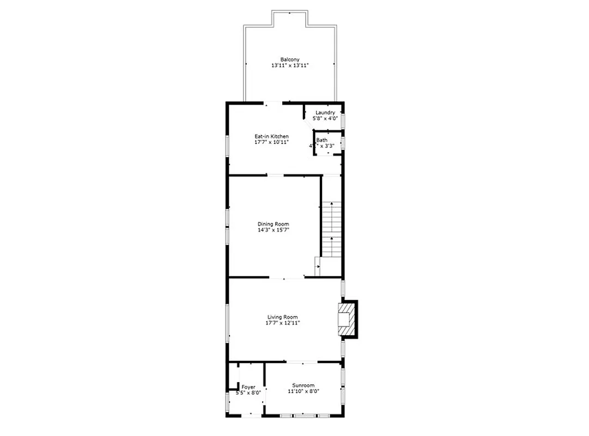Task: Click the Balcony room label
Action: point(289,59)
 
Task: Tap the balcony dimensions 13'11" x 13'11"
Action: point(290,65)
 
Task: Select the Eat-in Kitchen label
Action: point(271,136)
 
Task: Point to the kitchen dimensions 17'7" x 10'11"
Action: point(271,142)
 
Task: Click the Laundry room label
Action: point(325,113)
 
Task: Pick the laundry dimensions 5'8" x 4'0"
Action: point(325,118)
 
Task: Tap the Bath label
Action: point(321,140)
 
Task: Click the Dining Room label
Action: point(273,224)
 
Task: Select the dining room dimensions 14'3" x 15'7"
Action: point(273,230)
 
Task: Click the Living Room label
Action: point(282,317)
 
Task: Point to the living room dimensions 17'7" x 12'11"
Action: point(282,323)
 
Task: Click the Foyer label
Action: point(248,387)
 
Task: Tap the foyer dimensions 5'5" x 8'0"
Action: point(248,393)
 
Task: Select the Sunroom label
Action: point(303,385)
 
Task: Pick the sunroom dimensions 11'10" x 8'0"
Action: point(303,391)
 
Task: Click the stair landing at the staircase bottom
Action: point(330,267)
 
